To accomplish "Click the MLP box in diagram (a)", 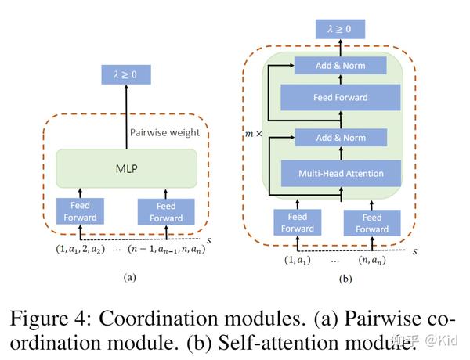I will [x=126, y=169].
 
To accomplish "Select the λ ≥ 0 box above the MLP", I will [x=126, y=75].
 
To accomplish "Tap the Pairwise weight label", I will [x=164, y=132].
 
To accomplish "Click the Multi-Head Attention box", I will [x=340, y=172].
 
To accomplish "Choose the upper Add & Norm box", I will [x=340, y=66].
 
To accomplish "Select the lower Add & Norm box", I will [x=340, y=138].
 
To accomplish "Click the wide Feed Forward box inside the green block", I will [x=340, y=98].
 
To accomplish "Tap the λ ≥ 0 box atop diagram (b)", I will [x=340, y=30].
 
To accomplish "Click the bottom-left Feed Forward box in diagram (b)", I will [x=298, y=223].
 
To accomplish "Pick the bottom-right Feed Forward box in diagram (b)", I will [x=372, y=223].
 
